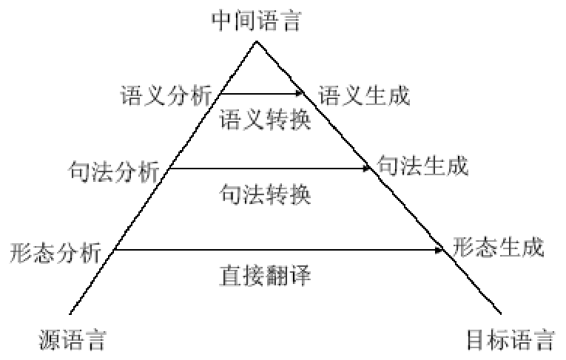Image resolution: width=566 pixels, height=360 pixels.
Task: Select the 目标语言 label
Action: coord(511,341)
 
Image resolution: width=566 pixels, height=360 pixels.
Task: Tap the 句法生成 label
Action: coord(422,165)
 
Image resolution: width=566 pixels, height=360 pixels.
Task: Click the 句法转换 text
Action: coord(265,195)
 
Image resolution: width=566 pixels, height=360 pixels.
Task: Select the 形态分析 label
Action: coord(55,253)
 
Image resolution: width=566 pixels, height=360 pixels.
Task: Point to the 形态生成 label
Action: coord(498,246)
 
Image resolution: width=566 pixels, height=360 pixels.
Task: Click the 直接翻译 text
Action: coord(265,277)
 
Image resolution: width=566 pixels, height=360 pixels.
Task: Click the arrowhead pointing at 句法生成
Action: coord(365,169)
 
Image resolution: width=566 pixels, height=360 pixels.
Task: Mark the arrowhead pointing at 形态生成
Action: coord(439,251)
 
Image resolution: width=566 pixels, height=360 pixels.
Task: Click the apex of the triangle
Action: coord(255,41)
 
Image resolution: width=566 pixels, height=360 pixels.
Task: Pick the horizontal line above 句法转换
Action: coord(266,169)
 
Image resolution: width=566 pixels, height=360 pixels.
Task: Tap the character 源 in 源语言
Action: coord(48,341)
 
